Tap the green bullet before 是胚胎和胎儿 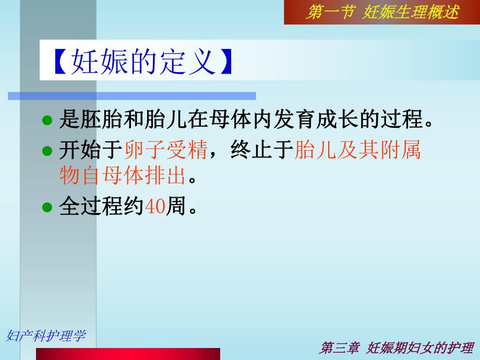47,121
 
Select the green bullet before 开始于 47,151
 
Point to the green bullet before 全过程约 47,207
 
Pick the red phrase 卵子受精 166,151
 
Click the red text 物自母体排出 123,176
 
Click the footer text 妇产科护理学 45,335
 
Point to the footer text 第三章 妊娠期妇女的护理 397,348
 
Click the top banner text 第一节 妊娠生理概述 382,12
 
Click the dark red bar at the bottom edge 128,354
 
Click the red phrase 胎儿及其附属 358,151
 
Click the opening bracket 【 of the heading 57,63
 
